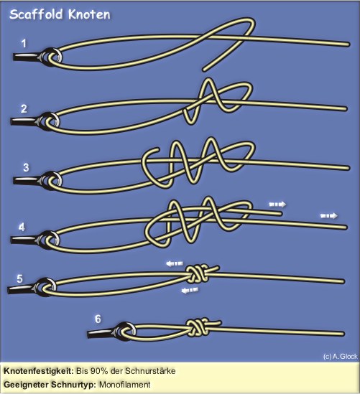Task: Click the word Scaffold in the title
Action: (x=36, y=14)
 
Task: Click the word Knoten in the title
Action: (x=89, y=14)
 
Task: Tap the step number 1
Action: (x=24, y=44)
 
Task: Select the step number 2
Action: (x=24, y=108)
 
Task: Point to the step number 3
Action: (x=26, y=167)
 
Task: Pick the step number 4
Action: (x=22, y=228)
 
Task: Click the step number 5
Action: (x=19, y=278)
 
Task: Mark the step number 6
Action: (x=98, y=319)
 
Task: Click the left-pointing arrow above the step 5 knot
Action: (x=175, y=263)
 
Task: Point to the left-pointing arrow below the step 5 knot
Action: (x=190, y=290)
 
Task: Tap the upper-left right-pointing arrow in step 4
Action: (x=277, y=205)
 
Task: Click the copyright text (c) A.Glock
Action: (x=340, y=356)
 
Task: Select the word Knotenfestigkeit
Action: (x=39, y=371)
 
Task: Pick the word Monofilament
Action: (x=125, y=385)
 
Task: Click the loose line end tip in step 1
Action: (x=204, y=70)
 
